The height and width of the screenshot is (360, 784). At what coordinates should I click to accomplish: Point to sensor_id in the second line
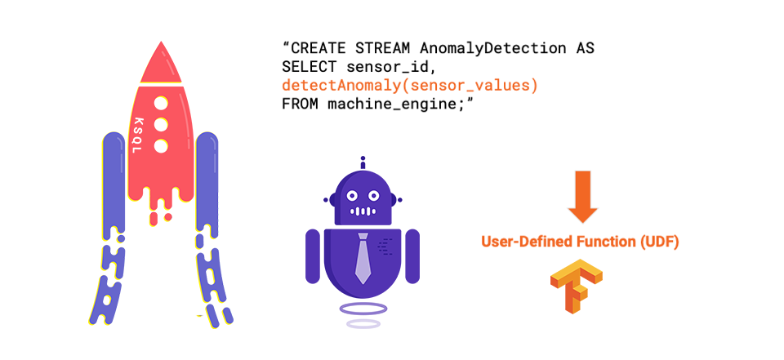click(x=381, y=67)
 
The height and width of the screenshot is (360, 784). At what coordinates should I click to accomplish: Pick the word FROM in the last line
click(x=300, y=104)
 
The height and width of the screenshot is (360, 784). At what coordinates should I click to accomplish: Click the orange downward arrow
click(x=583, y=196)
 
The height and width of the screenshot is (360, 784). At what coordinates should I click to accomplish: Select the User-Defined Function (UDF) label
click(x=580, y=242)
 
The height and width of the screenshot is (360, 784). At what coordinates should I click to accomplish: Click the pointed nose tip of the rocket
click(x=161, y=44)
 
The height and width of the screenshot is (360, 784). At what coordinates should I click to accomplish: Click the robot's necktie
click(x=363, y=260)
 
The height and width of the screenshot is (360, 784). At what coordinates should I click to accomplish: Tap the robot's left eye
click(x=350, y=196)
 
